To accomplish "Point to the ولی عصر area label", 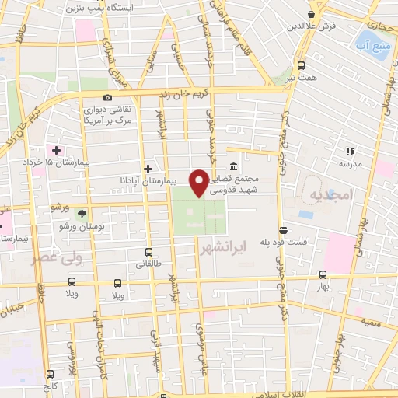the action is (46, 257).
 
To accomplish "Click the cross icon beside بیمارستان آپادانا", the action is (148, 168).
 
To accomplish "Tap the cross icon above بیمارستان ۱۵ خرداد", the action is (56, 149).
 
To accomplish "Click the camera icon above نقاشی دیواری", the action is (106, 98).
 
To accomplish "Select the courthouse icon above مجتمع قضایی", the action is (234, 166).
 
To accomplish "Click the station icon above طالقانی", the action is (148, 252).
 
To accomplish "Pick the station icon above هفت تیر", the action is (301, 66).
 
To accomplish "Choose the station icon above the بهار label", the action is (322, 274).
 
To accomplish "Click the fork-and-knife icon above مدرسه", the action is (349, 152).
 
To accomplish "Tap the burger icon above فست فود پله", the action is (284, 229).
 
